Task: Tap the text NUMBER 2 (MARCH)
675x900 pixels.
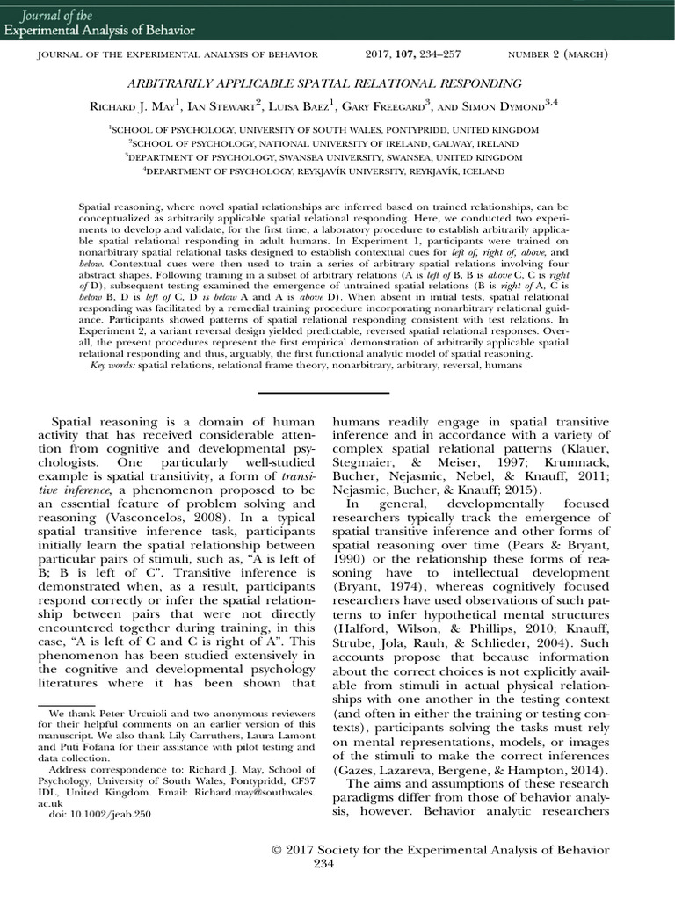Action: pos(558,55)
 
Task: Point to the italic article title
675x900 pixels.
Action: pos(337,83)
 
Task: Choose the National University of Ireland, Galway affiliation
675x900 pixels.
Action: pos(337,142)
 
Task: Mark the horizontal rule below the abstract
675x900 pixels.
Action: pos(337,393)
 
